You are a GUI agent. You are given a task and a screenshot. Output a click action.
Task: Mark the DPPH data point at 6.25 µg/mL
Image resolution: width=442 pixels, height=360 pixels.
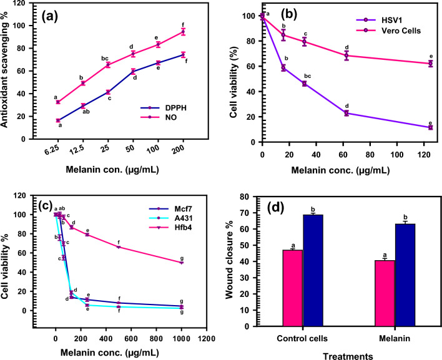[x=58, y=120]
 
